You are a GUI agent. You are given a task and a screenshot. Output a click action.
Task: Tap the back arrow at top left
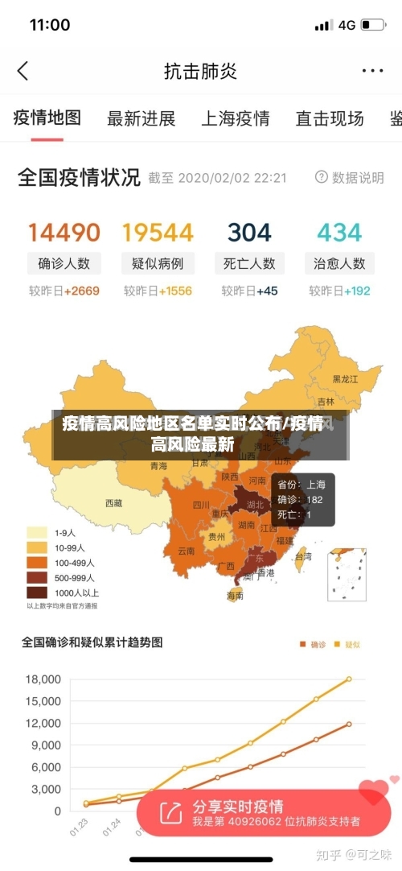tap(23, 71)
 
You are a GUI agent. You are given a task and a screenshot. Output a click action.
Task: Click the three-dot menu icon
tap(372, 71)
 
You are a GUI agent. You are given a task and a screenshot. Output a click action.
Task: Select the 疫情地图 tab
tap(47, 118)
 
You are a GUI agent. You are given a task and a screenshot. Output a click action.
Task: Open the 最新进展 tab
tap(141, 119)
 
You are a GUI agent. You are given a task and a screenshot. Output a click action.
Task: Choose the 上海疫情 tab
tap(235, 119)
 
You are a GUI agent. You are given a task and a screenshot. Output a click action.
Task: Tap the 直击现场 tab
tap(329, 119)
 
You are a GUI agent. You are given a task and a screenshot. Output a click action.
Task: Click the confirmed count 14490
tap(64, 233)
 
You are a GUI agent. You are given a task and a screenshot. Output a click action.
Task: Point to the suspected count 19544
tap(158, 233)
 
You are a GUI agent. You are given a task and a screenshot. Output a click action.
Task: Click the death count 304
tap(249, 233)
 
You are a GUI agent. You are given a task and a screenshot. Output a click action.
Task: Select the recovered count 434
tap(339, 233)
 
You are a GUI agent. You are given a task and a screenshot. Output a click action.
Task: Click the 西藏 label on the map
tap(114, 503)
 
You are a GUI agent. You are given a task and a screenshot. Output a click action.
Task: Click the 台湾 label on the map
tap(303, 555)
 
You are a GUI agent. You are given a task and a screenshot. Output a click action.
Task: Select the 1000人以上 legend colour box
tap(37, 592)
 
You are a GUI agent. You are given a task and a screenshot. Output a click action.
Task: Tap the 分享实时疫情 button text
tap(237, 807)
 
